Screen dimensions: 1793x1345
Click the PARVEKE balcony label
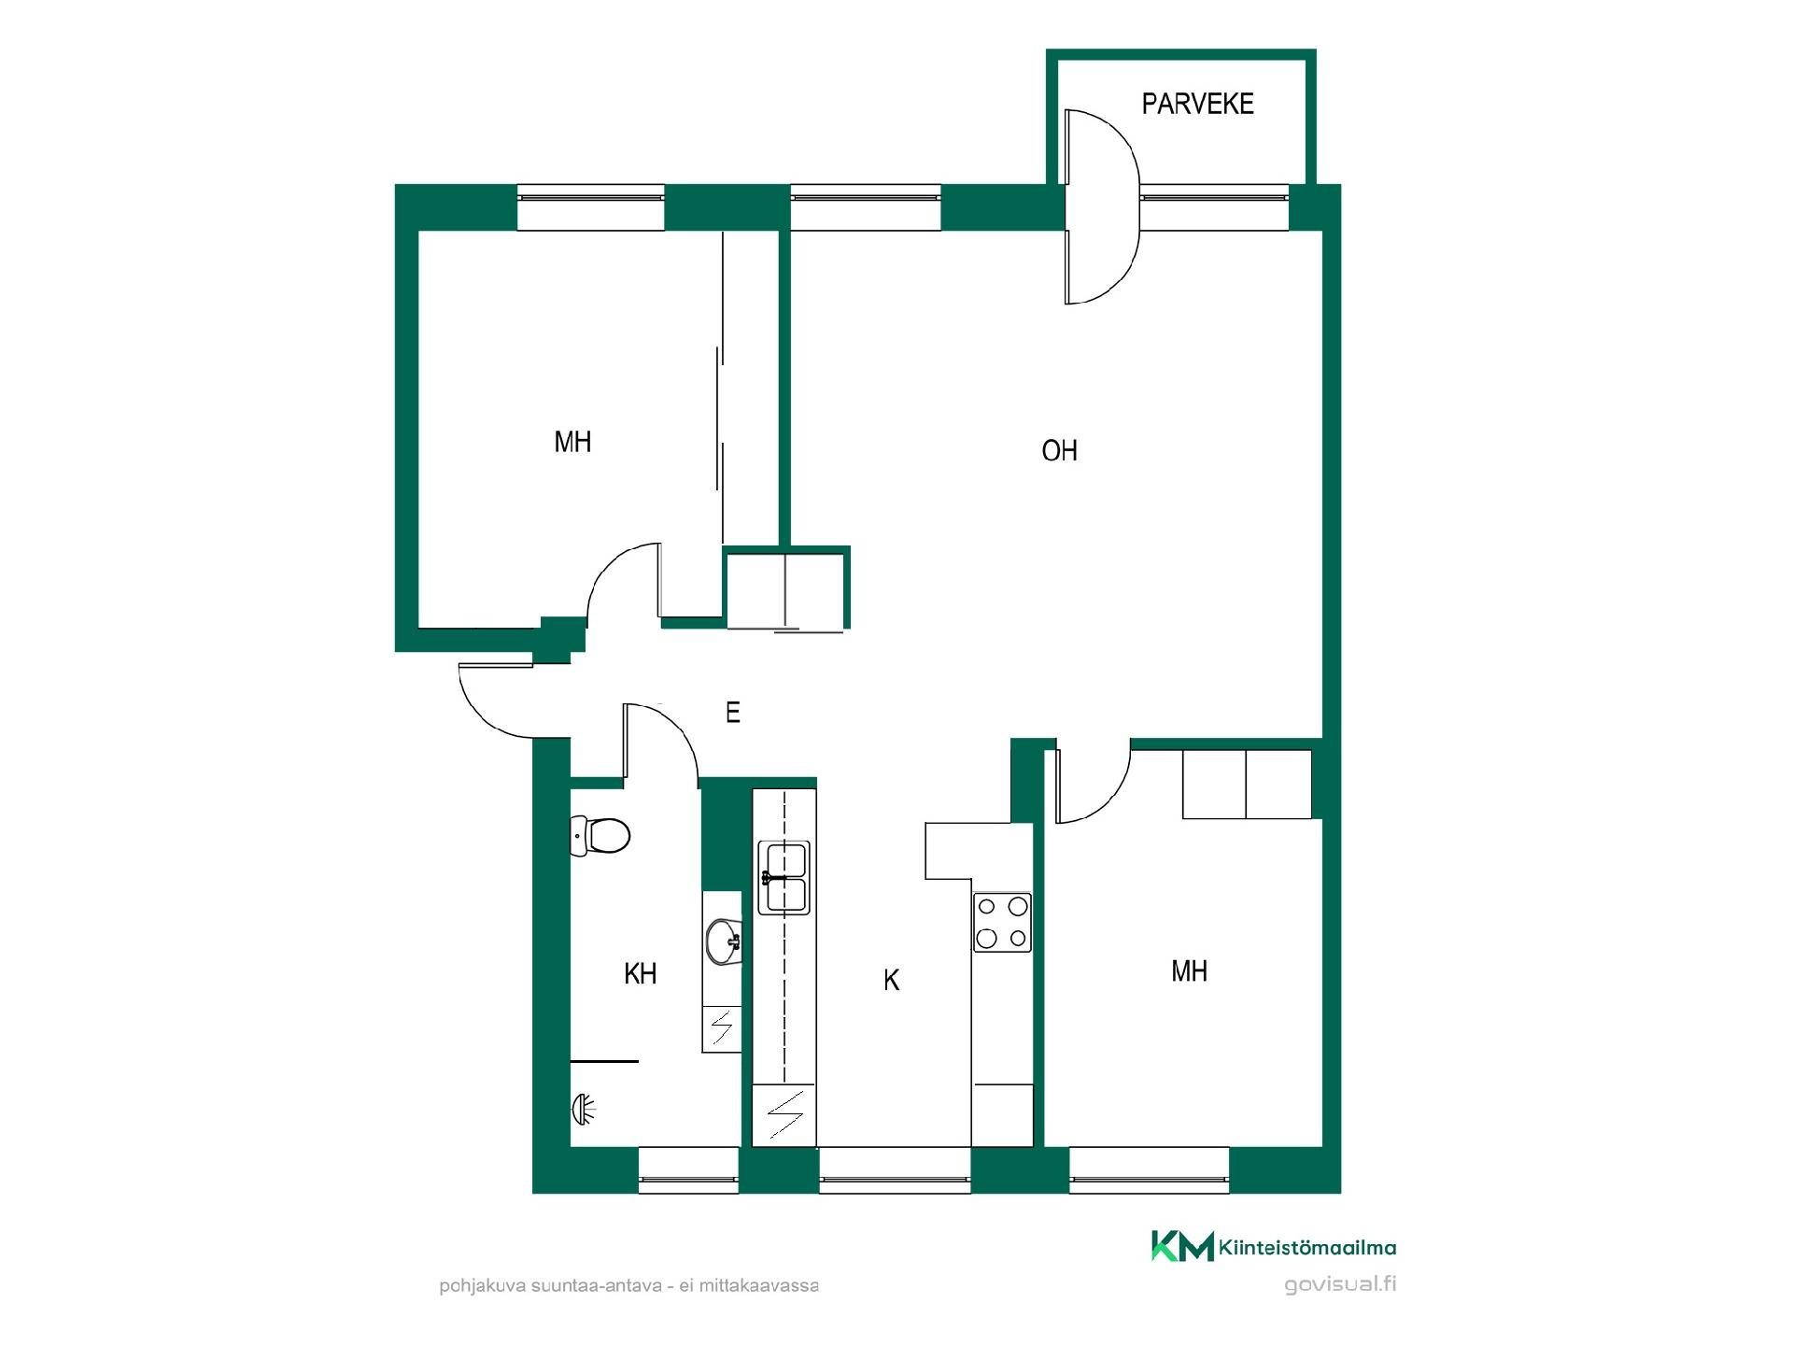point(1197,104)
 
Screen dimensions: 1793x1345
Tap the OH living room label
point(1059,451)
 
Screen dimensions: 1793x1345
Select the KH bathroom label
point(640,974)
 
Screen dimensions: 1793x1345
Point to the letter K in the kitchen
point(891,980)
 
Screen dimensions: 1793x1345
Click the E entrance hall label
point(733,713)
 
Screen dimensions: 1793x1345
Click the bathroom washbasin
point(724,941)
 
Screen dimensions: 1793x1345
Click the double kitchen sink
point(784,877)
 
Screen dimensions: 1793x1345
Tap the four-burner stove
point(1002,922)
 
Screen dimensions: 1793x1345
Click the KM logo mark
point(1182,1246)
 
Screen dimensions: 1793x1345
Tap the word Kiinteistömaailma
point(1307,1248)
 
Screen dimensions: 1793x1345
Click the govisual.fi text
point(1340,1284)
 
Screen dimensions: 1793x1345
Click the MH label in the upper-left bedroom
point(572,442)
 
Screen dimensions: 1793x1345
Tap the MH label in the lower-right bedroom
point(1189,971)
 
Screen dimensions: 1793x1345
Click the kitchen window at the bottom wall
point(896,1170)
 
